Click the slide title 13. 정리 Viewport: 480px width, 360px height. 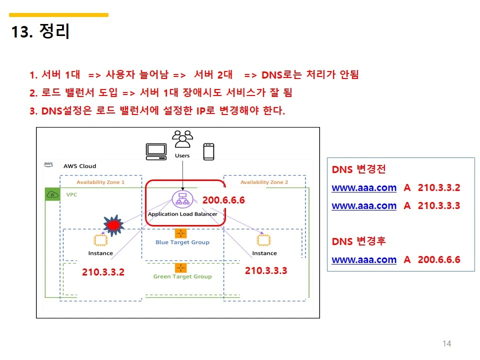pyautogui.click(x=40, y=31)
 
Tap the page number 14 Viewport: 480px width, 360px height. pyautogui.click(x=447, y=343)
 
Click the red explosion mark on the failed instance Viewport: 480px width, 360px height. pyautogui.click(x=114, y=225)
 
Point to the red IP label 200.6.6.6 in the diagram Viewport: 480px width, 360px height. pyautogui.click(x=223, y=200)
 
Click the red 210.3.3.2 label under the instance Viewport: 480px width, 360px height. pyautogui.click(x=103, y=272)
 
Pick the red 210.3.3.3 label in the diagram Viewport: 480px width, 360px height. pyautogui.click(x=266, y=270)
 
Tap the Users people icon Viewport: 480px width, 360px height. pyautogui.click(x=182, y=139)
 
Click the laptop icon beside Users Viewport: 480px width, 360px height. pyautogui.click(x=156, y=151)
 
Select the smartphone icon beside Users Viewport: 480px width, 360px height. pyautogui.click(x=208, y=151)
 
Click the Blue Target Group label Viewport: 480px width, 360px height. pyautogui.click(x=182, y=242)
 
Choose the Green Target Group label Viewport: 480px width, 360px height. pyautogui.click(x=182, y=276)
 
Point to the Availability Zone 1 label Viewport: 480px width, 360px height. pyautogui.click(x=100, y=182)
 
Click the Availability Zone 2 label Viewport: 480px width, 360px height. pyautogui.click(x=264, y=182)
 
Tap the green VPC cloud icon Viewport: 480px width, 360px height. pyautogui.click(x=52, y=194)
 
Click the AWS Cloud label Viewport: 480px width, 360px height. pyautogui.click(x=79, y=166)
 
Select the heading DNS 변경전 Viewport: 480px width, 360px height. pyautogui.click(x=358, y=169)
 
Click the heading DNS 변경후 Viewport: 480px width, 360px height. pyautogui.click(x=358, y=241)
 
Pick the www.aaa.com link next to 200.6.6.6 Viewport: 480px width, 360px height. pyautogui.click(x=364, y=259)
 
